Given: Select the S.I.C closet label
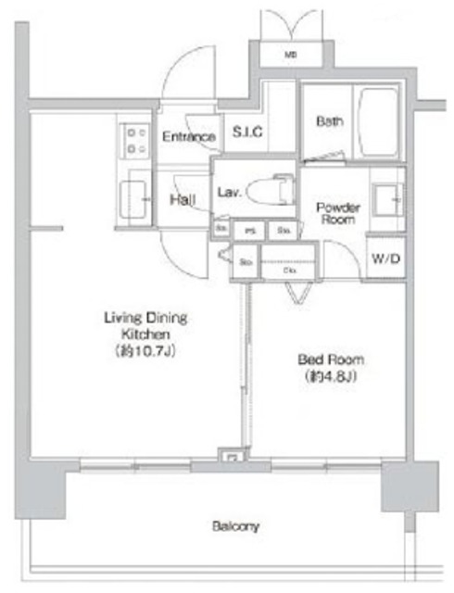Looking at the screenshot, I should point(247,132).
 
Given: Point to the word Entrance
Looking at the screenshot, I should point(189,137).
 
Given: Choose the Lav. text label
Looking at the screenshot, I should point(229,193).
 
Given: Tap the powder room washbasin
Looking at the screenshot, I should point(387,198).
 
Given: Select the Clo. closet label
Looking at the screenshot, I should point(289,271).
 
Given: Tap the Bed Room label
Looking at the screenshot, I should point(331,359).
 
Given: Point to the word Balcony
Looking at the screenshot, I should point(234,525).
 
